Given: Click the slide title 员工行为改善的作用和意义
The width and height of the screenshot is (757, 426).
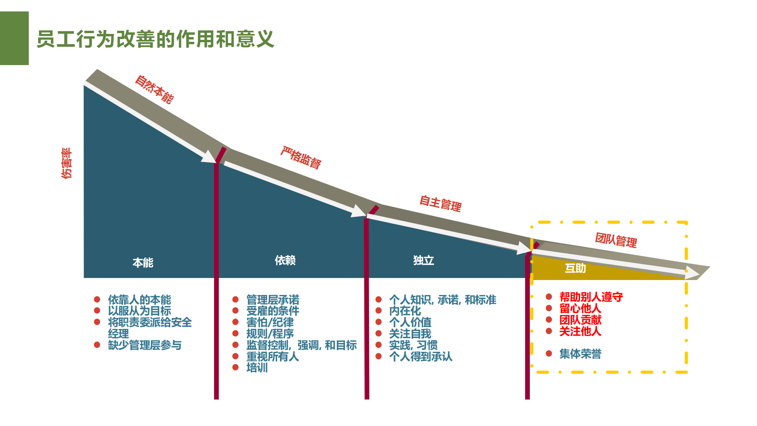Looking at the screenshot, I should [155, 39].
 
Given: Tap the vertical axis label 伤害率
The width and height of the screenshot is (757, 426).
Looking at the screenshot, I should [67, 163].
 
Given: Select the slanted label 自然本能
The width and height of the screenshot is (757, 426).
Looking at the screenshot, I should [154, 90].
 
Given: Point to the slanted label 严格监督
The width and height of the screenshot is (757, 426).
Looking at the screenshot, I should [301, 157].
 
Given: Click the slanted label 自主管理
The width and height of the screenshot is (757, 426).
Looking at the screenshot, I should [440, 204].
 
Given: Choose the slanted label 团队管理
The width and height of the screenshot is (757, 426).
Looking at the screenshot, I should [616, 240].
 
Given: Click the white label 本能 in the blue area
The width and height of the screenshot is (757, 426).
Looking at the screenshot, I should [143, 263].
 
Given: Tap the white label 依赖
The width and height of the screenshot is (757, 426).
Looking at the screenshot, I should [285, 260].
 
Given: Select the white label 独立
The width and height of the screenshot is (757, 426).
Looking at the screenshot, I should [423, 260].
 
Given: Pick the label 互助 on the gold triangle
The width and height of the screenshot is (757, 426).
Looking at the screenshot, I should [575, 268].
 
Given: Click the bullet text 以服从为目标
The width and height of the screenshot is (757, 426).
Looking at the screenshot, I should [140, 311].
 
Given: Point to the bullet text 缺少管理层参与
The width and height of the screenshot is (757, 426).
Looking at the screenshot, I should [145, 345].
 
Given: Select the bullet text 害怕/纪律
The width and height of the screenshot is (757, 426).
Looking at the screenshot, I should [270, 322].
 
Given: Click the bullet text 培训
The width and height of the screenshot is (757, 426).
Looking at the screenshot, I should [257, 368].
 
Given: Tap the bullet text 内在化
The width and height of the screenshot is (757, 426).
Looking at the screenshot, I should [405, 311].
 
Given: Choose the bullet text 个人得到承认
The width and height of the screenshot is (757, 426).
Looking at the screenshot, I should [421, 357].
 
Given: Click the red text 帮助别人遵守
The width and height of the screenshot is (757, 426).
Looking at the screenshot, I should [591, 297].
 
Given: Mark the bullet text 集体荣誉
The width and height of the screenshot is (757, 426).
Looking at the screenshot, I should [580, 354].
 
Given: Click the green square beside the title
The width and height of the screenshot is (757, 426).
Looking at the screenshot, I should [14, 38].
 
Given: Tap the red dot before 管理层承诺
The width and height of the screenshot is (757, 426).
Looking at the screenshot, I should [235, 299].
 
